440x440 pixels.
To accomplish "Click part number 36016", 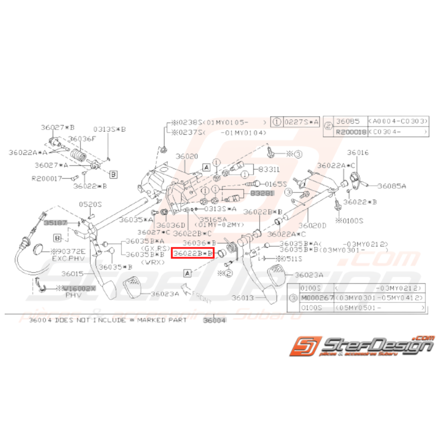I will (357, 153).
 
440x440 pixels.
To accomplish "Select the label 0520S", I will (90, 204).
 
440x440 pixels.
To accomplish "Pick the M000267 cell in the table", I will (317, 298).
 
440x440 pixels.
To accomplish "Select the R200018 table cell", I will (351, 132).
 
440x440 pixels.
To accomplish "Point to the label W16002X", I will (79, 288).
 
